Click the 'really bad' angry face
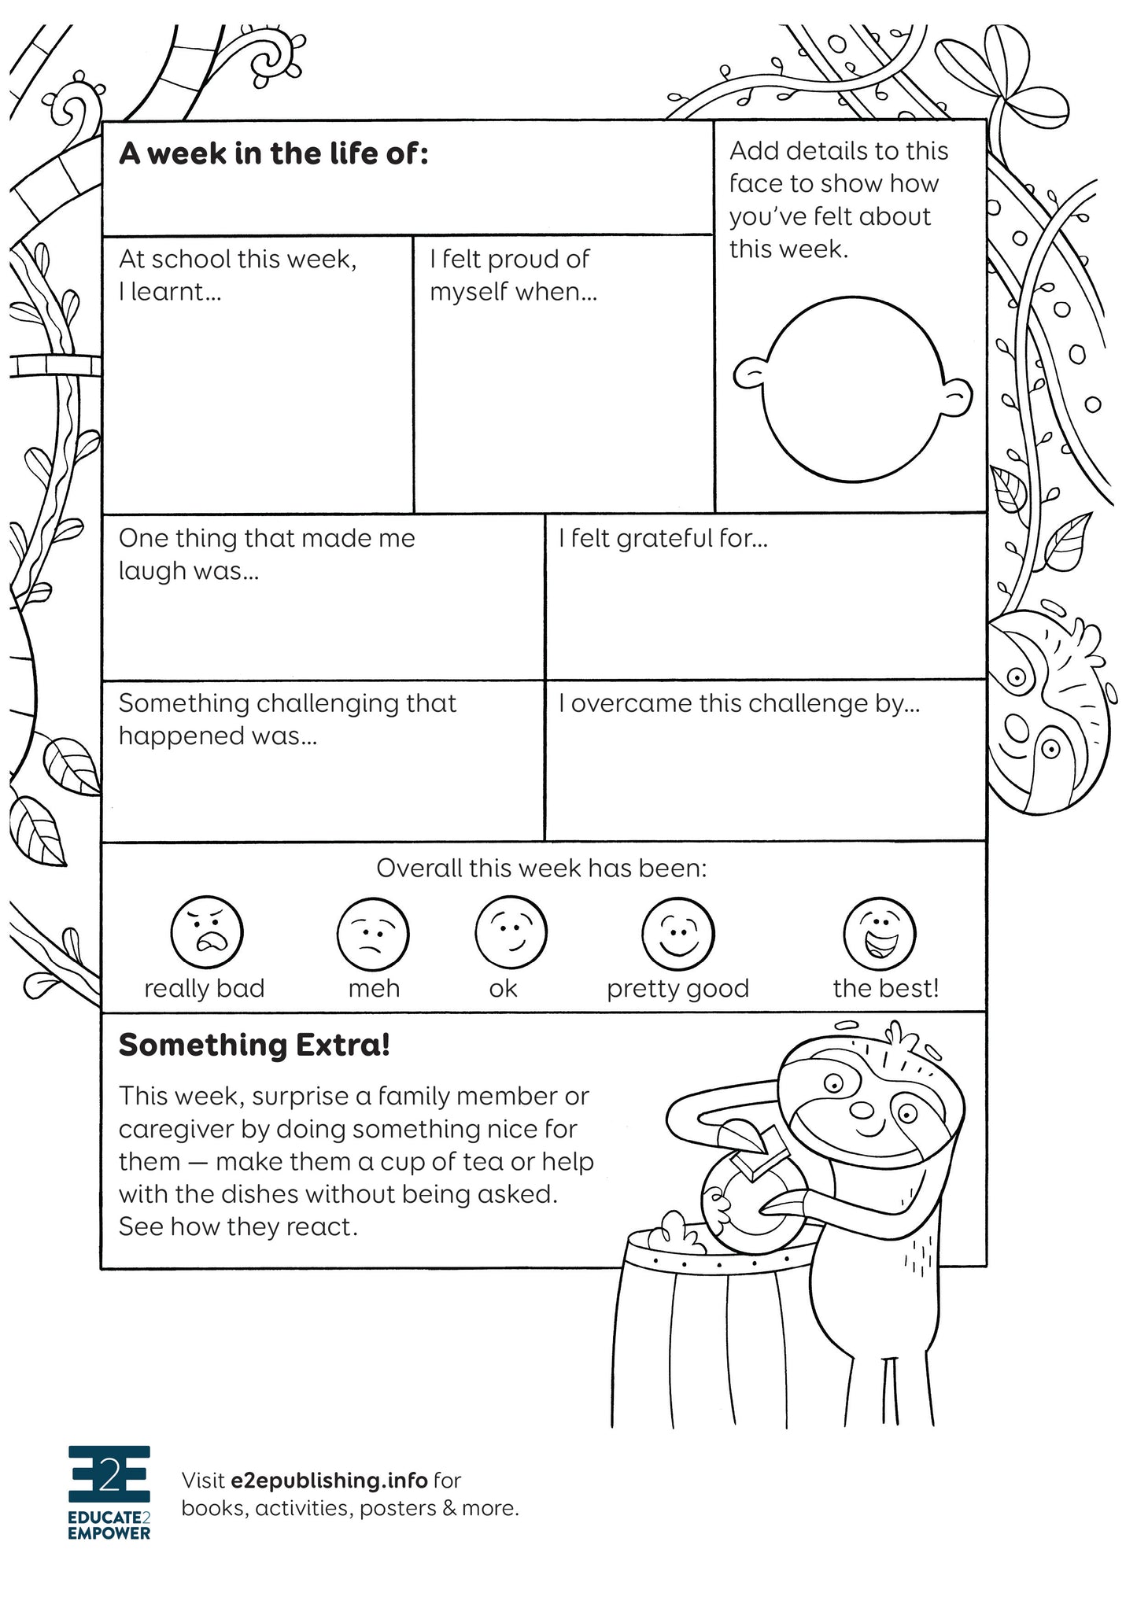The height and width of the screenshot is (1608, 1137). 207,932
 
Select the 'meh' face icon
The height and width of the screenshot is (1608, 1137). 373,934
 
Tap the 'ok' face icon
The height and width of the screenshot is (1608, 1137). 511,932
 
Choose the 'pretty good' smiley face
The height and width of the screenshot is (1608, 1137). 678,934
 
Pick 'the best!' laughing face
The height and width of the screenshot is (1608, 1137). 879,933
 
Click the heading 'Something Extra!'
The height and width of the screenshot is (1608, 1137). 254,1046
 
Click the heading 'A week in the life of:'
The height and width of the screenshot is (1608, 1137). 273,154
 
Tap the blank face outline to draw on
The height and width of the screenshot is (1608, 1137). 853,389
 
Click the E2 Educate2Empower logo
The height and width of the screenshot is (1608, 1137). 109,1492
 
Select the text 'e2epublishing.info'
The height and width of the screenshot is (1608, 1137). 329,1481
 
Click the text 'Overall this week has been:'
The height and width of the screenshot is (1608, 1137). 541,869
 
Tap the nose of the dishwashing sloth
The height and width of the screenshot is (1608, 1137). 863,1110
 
